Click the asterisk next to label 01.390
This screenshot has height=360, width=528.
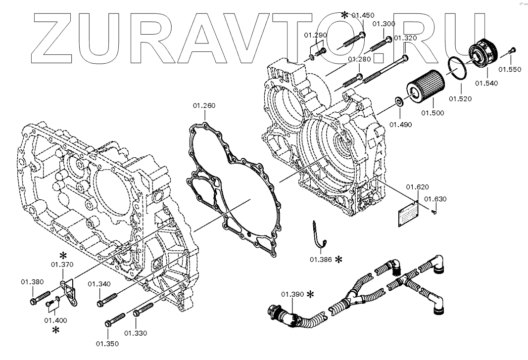click(x=310, y=294)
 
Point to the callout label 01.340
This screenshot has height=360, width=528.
click(x=99, y=284)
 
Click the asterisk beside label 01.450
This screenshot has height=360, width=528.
click(x=344, y=15)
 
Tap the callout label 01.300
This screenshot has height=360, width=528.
click(x=384, y=24)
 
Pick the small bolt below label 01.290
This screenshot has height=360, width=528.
click(x=321, y=50)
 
